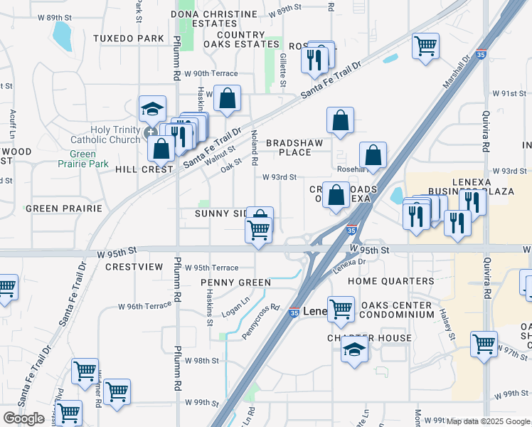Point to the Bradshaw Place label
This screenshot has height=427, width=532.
tap(299, 147)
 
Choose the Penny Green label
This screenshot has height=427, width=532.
tap(235, 283)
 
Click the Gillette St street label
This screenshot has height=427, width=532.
tap(282, 70)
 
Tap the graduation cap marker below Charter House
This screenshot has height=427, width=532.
tap(354, 350)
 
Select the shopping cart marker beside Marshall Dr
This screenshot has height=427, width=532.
tap(425, 47)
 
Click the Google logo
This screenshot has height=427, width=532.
tap(23, 418)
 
